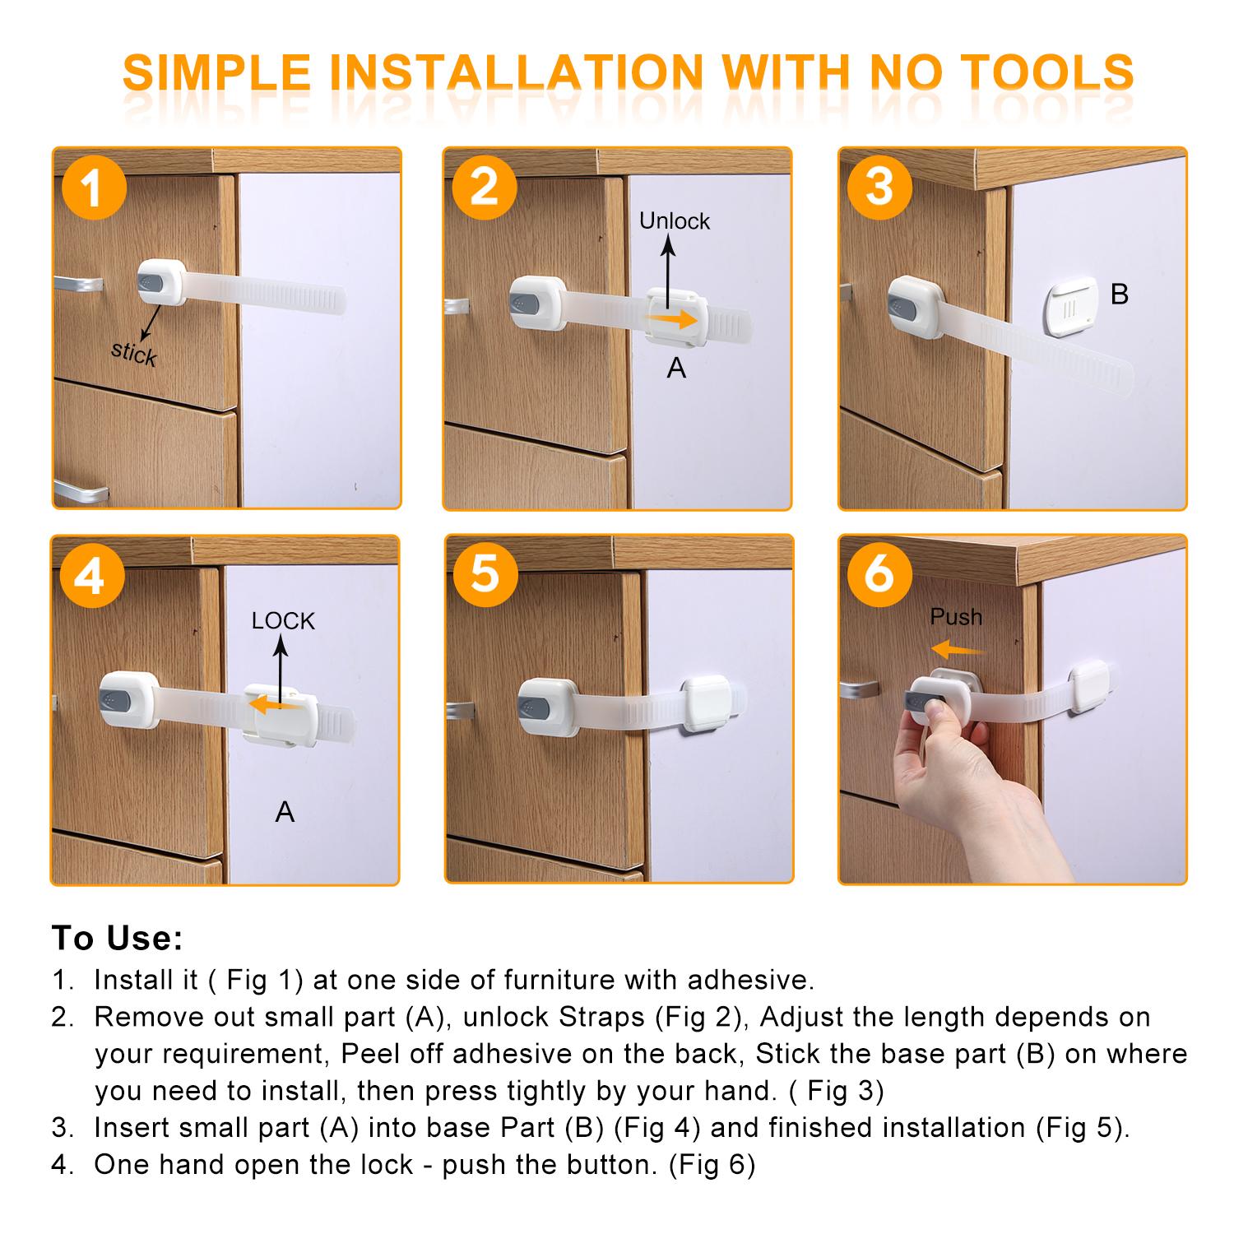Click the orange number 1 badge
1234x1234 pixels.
point(92,188)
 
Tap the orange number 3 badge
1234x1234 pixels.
point(879,187)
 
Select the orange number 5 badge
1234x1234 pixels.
point(485,573)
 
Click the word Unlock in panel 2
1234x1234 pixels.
point(674,220)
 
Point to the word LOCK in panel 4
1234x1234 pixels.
point(283,620)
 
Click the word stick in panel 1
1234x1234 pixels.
point(134,353)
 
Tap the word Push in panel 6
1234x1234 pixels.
point(956,616)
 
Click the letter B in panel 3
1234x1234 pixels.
point(1119,294)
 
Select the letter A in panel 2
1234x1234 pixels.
point(675,368)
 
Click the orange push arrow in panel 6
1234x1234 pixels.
point(958,650)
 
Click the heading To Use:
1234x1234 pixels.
point(117,938)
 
